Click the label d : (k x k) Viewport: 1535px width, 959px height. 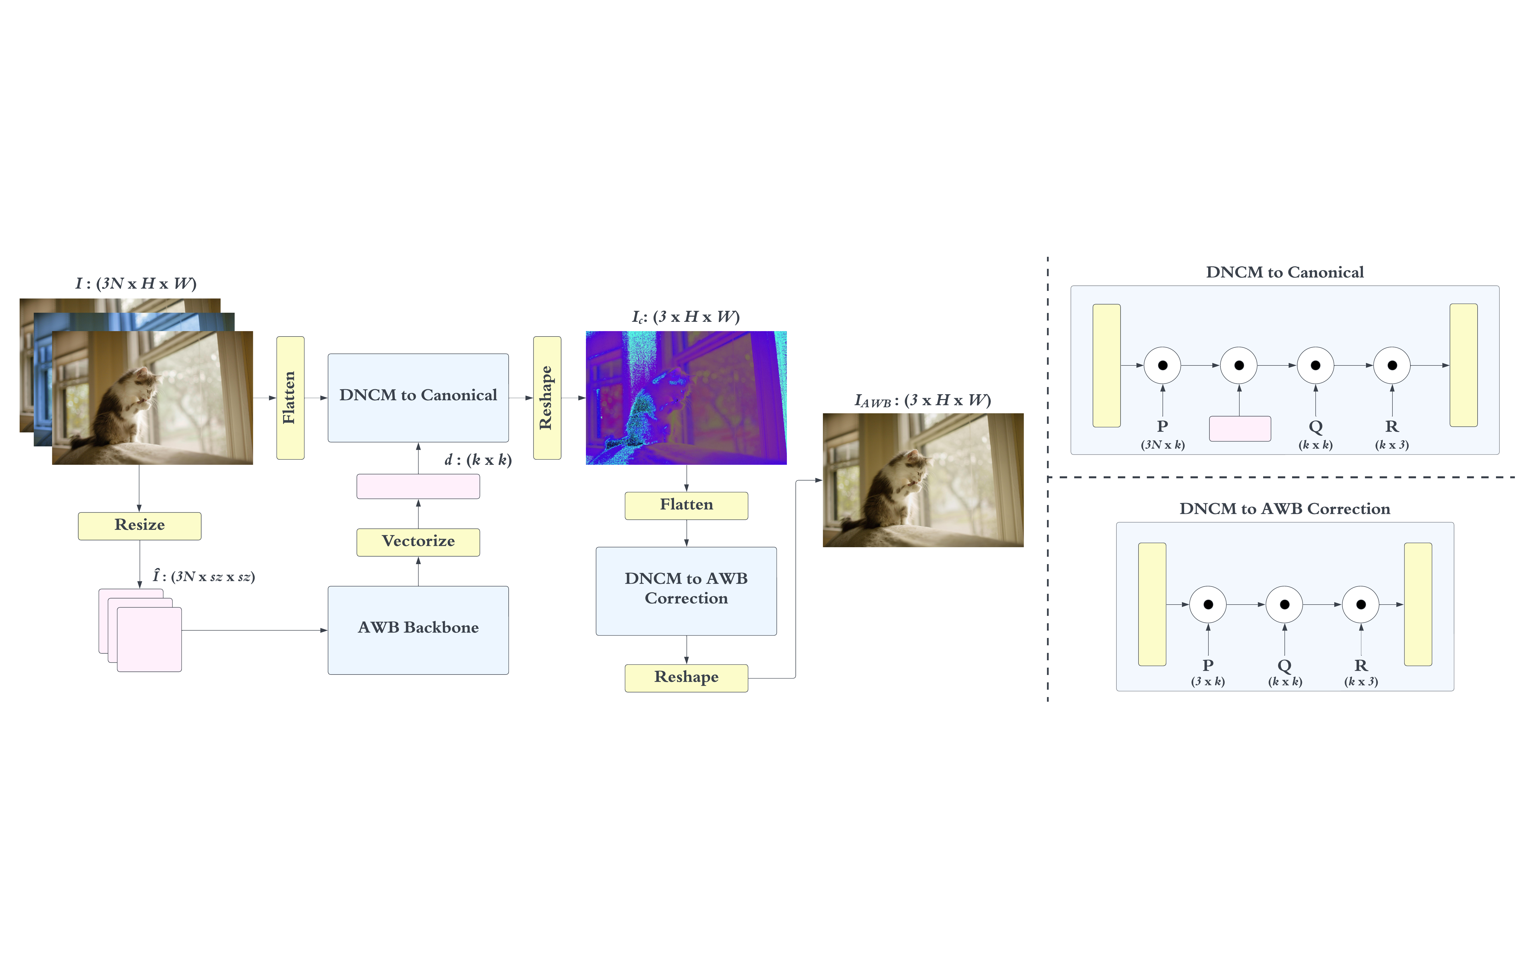pyautogui.click(x=478, y=460)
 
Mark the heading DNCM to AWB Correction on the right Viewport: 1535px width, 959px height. pyautogui.click(x=1284, y=509)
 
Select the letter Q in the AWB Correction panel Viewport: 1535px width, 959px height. pyautogui.click(x=1284, y=665)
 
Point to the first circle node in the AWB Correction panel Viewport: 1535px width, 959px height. pyautogui.click(x=1208, y=604)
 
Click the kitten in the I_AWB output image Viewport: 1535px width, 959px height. pyautogui.click(x=898, y=488)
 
